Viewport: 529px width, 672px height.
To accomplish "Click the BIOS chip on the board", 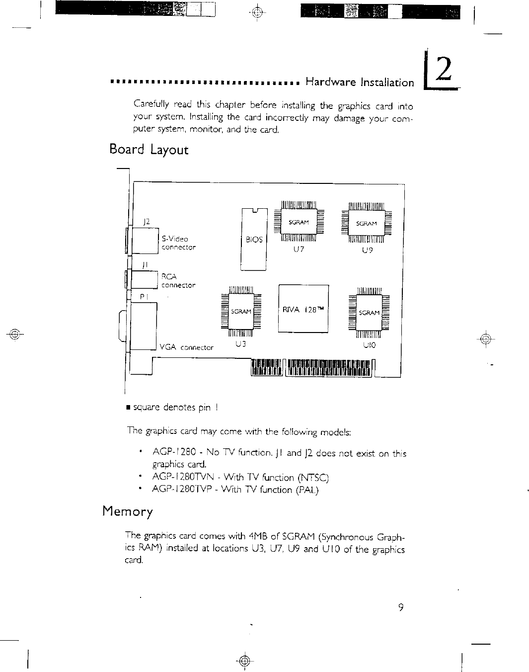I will click(254, 239).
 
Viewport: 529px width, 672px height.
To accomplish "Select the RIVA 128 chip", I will click(303, 309).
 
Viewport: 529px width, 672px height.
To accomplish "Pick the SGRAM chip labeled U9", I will click(367, 223).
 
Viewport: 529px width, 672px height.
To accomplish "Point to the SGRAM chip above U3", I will click(241, 312).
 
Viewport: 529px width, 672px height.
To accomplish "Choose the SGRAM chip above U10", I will click(369, 312).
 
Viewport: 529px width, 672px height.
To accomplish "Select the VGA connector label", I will click(187, 347).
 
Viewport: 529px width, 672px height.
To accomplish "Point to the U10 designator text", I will click(369, 344).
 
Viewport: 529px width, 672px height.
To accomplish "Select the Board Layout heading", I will click(149, 150).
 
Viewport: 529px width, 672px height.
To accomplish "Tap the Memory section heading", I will click(128, 511).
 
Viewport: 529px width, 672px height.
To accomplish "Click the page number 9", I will click(400, 607).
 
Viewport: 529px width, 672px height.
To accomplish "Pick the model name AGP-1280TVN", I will click(184, 478).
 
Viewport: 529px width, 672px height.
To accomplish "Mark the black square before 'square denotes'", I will click(129, 408).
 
